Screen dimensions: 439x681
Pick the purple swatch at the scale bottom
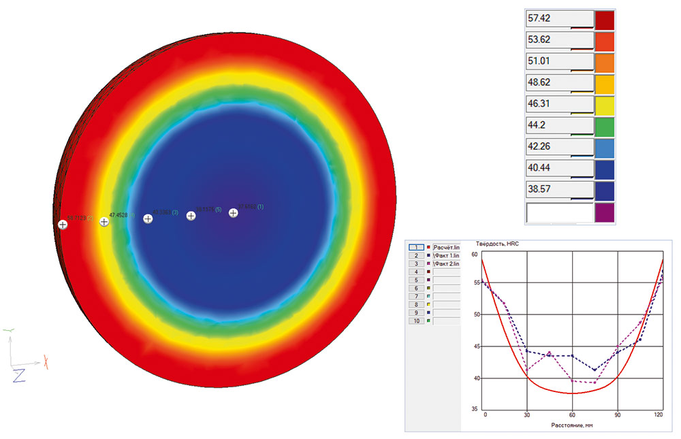(604, 212)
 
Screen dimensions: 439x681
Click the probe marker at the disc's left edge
(63, 224)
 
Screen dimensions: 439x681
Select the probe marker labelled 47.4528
(104, 221)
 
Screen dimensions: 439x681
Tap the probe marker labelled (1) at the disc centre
(234, 213)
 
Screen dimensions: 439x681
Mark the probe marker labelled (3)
(148, 218)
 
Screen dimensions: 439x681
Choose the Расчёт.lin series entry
(446, 247)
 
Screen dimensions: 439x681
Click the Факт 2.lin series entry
(447, 263)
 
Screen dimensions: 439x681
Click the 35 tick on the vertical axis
(474, 409)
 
